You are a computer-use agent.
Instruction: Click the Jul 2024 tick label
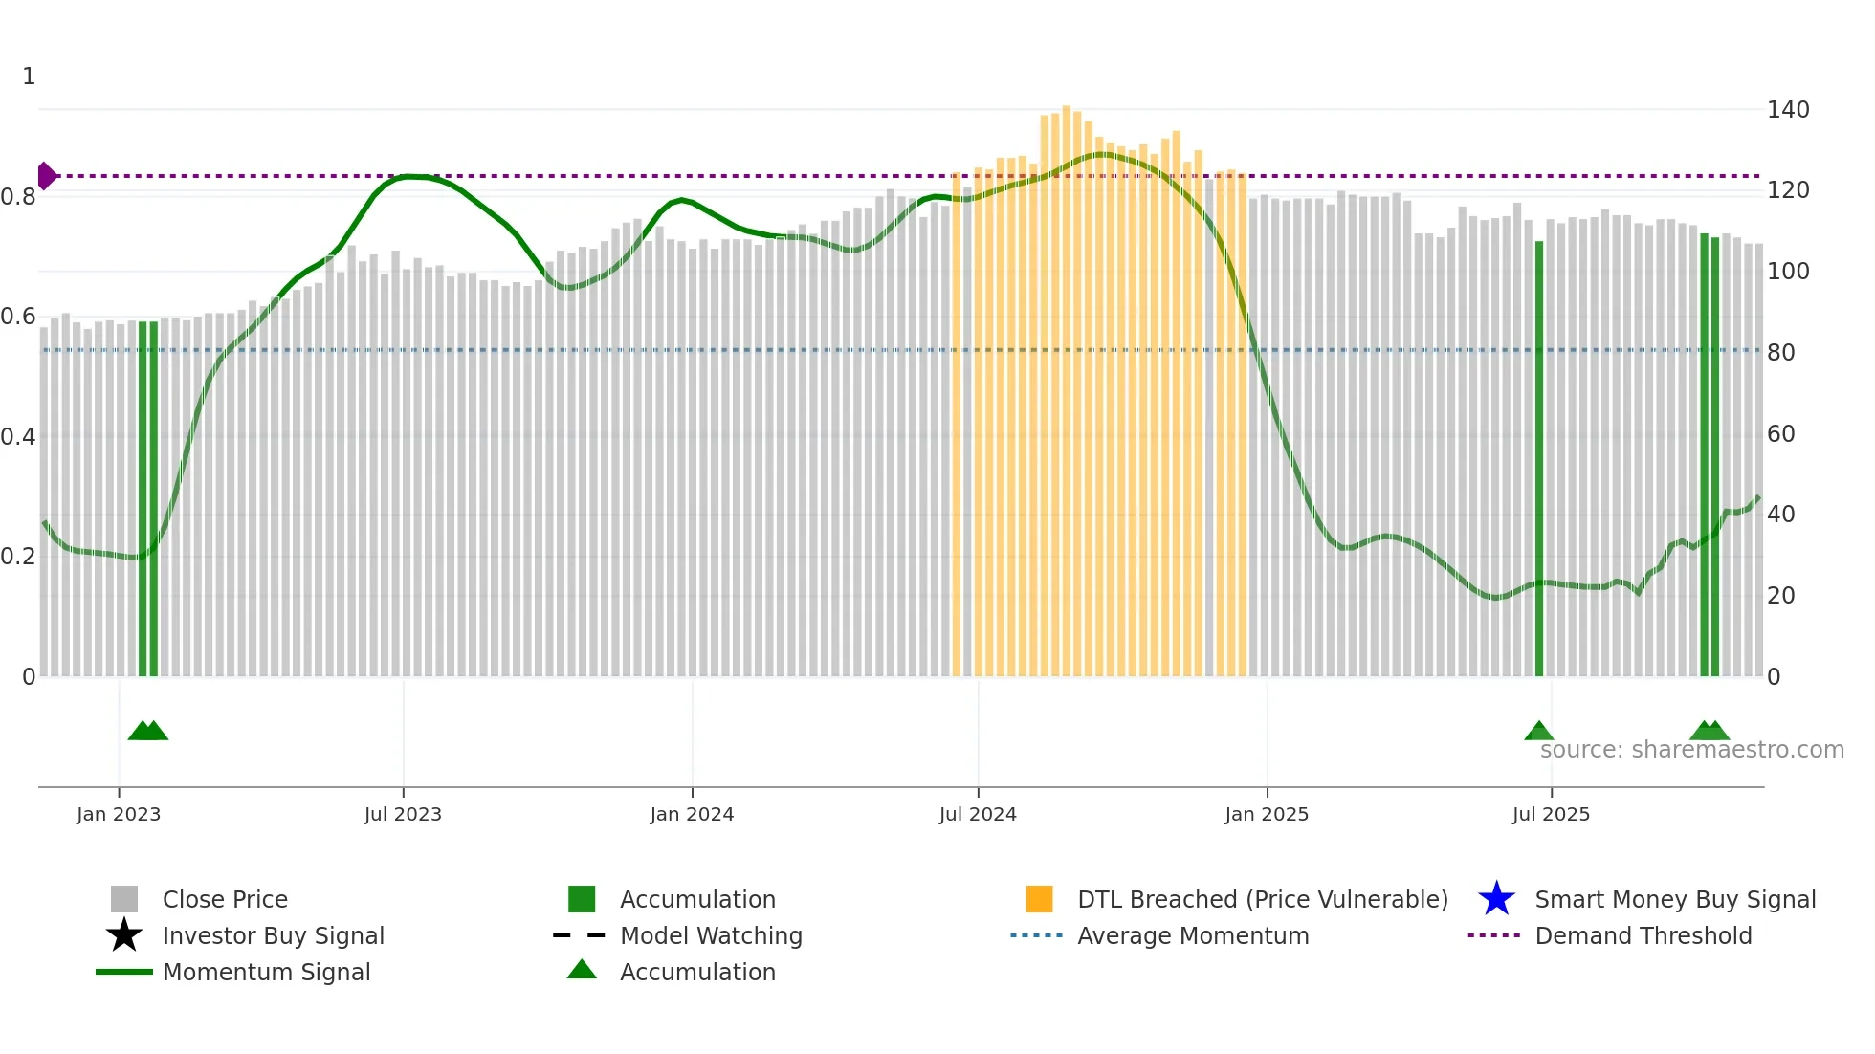978,814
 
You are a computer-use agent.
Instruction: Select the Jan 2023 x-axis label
119,814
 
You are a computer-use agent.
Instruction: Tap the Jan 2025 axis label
1267,814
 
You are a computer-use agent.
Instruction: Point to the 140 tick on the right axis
1787,110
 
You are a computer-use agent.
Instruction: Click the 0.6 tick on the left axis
18,317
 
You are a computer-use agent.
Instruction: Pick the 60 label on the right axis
1780,434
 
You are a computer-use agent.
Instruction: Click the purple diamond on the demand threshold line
46,176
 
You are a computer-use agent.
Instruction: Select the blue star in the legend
1496,899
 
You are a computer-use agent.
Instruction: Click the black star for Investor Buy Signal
124,935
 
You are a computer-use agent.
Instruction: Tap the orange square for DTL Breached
1039,899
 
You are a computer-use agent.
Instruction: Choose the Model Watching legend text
711,935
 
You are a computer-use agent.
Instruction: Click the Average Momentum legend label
1193,935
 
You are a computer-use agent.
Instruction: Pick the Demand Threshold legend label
1643,935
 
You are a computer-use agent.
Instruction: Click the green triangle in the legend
582,970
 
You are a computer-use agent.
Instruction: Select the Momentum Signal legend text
266,972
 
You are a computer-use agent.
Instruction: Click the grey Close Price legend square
124,899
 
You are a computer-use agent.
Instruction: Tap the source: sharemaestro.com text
1691,750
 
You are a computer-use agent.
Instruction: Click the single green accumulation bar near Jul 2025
1539,459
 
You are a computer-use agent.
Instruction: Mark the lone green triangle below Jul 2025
1538,732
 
